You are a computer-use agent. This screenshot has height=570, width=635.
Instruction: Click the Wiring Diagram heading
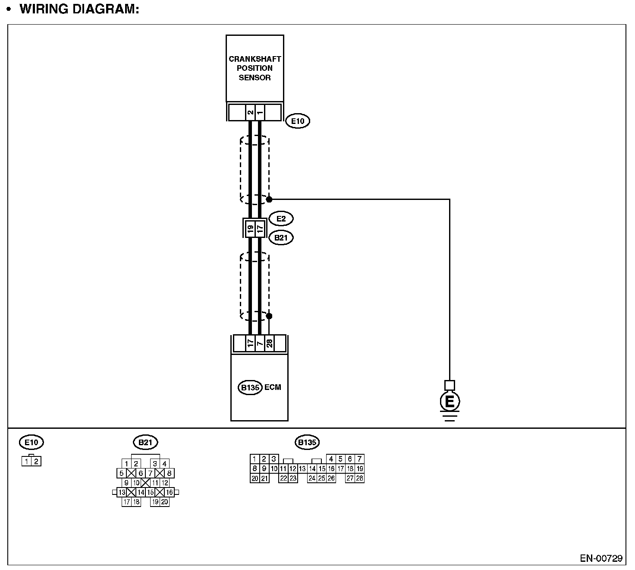point(79,9)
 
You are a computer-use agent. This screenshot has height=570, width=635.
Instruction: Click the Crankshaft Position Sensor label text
point(255,68)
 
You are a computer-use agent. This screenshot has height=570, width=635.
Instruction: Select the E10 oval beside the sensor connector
point(298,121)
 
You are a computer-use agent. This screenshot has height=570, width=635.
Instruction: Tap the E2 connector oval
point(281,219)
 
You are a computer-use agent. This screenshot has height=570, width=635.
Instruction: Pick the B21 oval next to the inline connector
point(281,237)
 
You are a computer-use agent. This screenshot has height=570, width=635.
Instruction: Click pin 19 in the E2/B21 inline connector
point(250,228)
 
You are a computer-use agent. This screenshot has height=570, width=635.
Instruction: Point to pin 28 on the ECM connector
point(269,344)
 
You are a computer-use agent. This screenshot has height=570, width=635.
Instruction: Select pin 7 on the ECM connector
point(259,344)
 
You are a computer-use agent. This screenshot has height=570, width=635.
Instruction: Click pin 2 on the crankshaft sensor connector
point(250,112)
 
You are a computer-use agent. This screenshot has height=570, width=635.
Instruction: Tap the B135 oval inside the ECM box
point(250,387)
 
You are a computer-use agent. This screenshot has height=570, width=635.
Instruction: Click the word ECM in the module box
point(273,387)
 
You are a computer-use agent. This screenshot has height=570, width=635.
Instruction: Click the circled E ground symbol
point(450,402)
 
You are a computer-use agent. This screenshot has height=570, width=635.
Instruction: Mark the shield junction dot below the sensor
point(269,199)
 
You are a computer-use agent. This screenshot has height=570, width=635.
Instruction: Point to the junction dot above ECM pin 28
point(269,316)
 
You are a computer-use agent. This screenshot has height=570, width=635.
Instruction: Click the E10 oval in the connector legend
point(31,442)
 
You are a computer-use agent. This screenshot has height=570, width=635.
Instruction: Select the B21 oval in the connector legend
point(145,442)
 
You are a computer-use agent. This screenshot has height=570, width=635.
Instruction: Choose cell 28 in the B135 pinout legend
point(359,478)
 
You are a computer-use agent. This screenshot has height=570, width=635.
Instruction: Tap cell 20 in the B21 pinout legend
point(164,502)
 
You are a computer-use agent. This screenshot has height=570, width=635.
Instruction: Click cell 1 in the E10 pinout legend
point(27,462)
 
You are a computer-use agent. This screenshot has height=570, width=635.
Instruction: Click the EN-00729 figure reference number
point(601,558)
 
